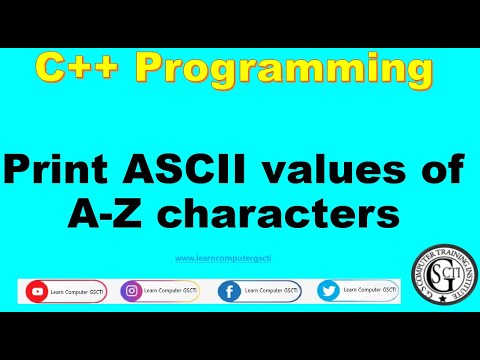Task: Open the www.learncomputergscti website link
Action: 217,258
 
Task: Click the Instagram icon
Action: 131,292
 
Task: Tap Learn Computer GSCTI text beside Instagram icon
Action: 166,291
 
